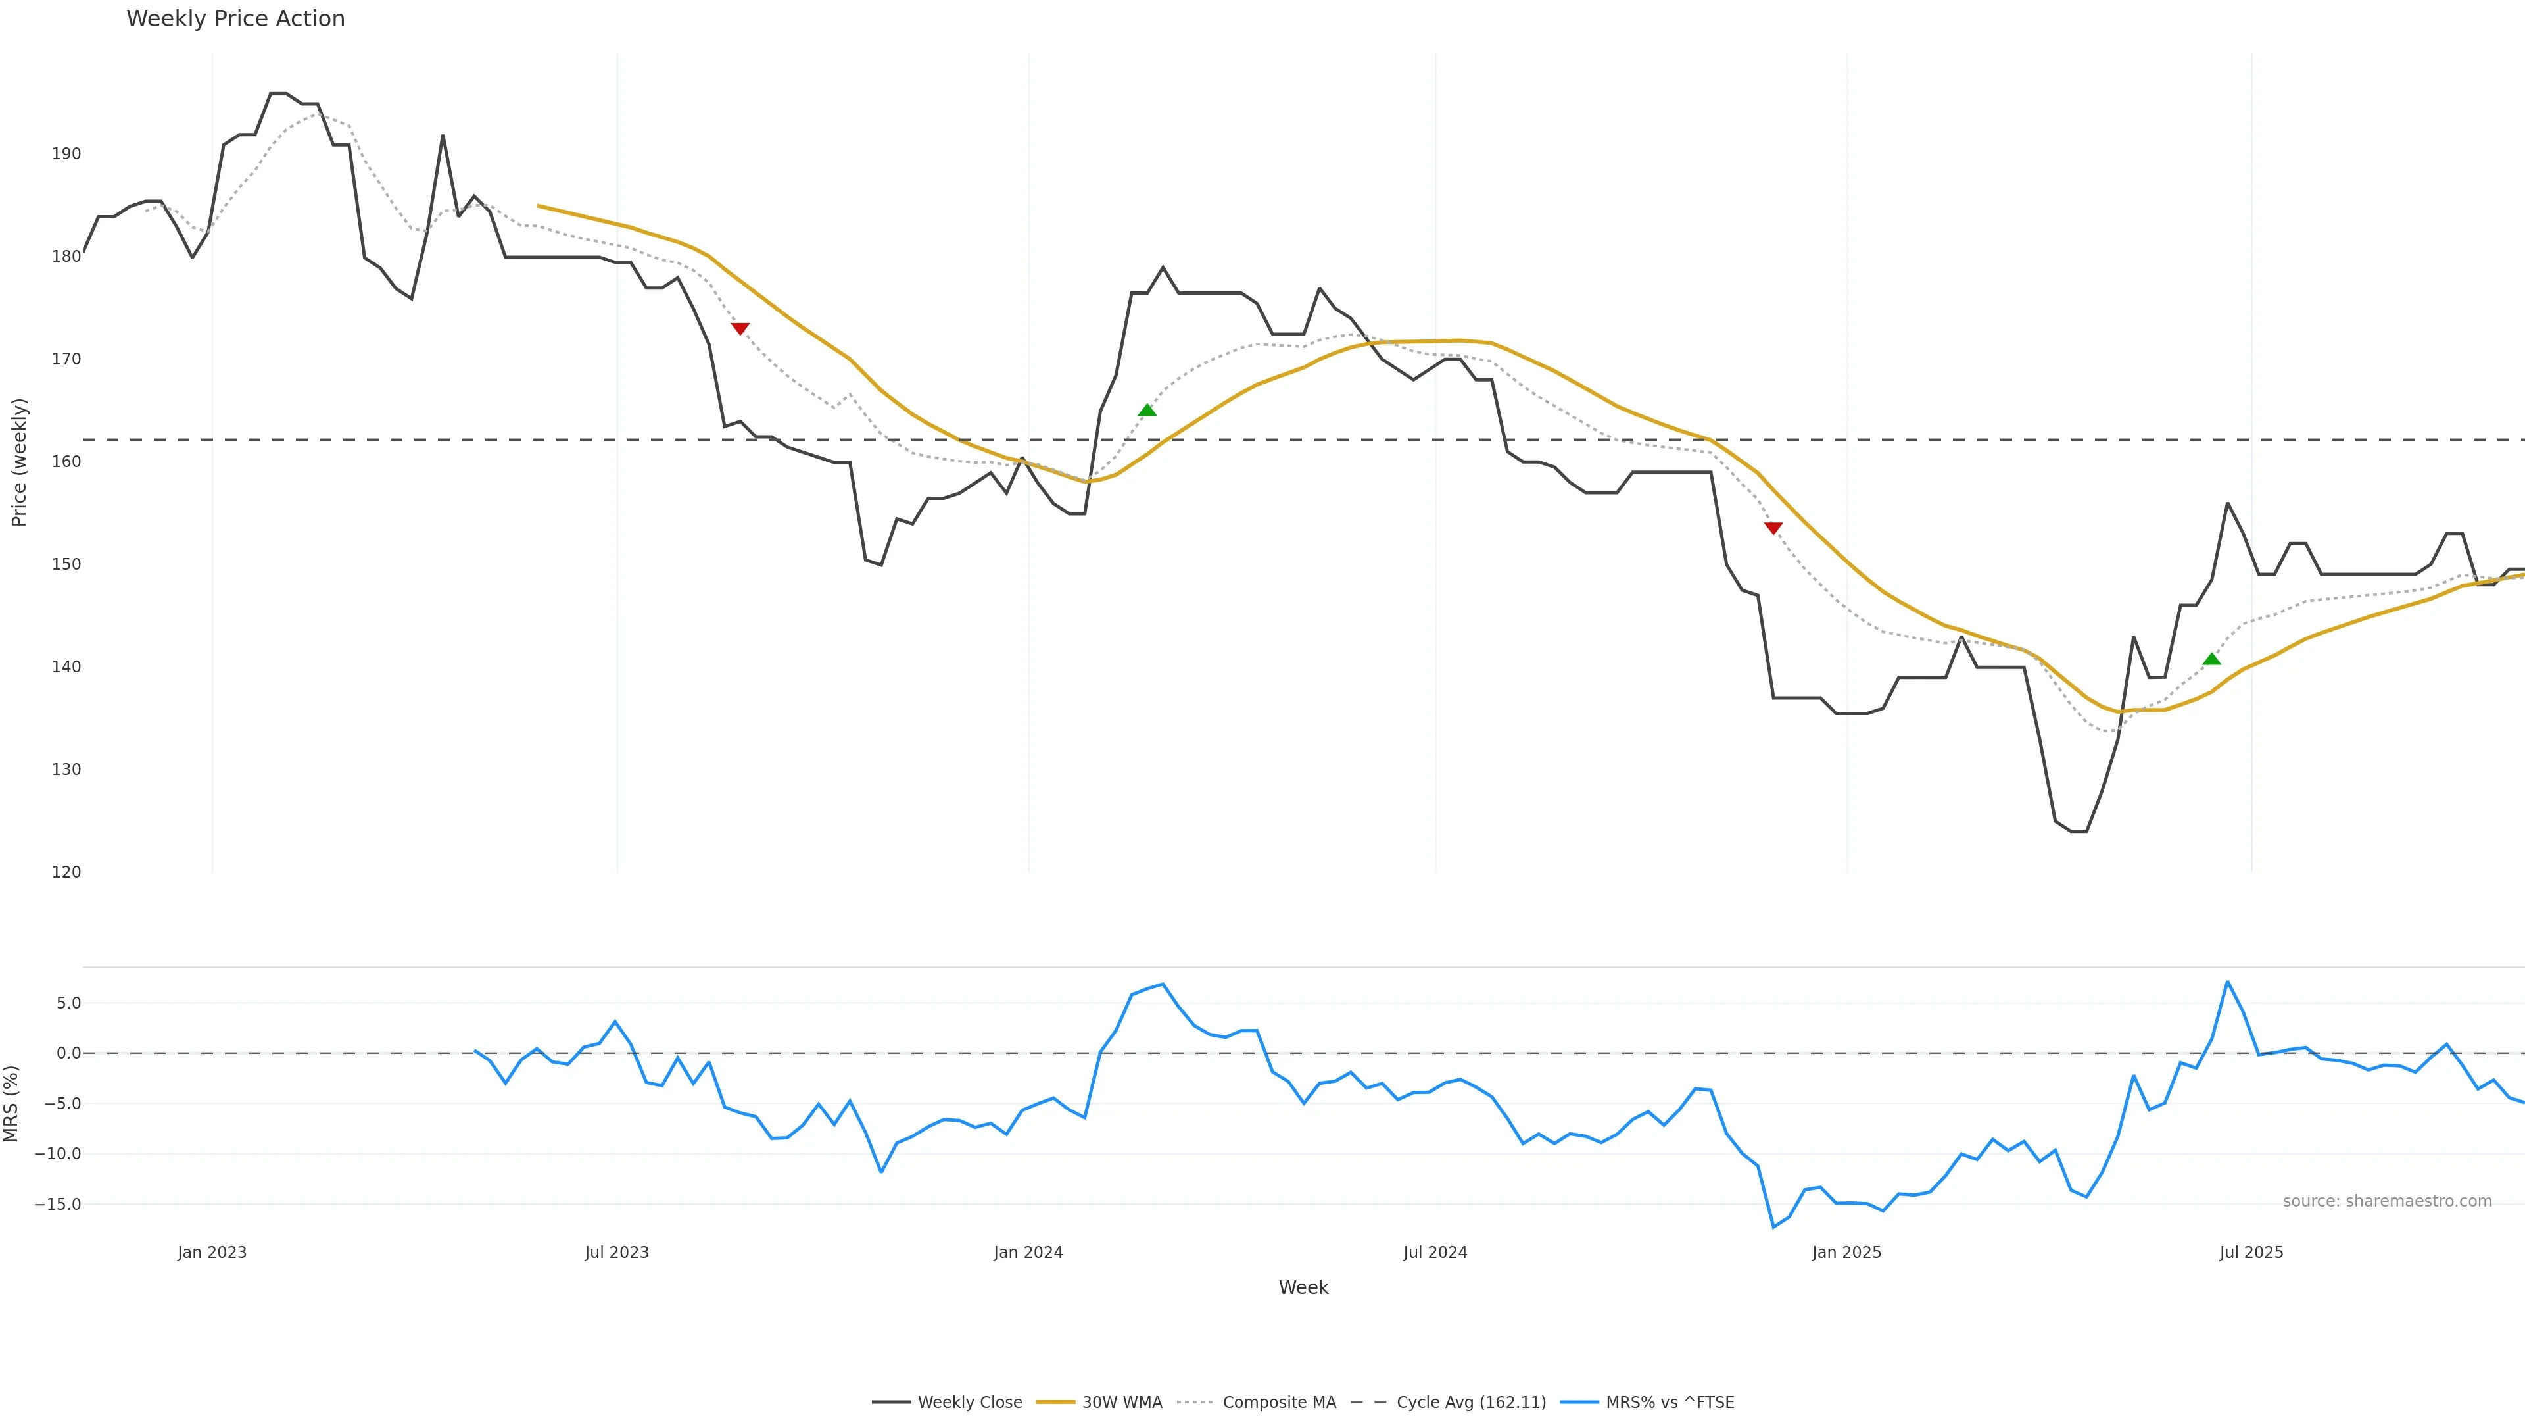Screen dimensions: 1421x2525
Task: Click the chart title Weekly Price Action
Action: (235, 18)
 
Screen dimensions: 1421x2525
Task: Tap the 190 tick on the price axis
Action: (66, 154)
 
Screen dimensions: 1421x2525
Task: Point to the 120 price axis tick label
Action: (66, 872)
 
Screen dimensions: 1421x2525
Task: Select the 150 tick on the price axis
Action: (66, 564)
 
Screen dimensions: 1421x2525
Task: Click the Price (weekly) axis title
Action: (18, 462)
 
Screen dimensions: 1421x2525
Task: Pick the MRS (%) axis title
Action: (12, 1103)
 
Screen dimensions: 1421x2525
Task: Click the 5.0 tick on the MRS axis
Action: (68, 1003)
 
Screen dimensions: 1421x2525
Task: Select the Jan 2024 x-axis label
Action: (1028, 1253)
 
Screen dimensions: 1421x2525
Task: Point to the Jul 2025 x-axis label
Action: (2251, 1253)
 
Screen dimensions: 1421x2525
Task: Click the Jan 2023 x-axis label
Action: (212, 1253)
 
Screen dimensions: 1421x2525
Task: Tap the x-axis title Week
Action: (1303, 1287)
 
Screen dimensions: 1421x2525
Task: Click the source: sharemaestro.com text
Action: (2387, 1201)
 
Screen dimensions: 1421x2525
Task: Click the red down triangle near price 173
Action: (740, 328)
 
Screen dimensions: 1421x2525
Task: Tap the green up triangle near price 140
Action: (2211, 659)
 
